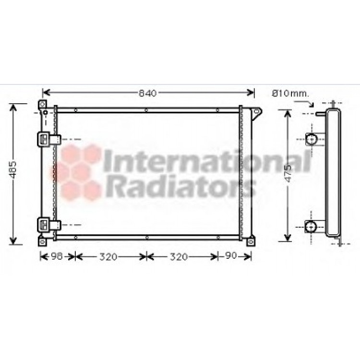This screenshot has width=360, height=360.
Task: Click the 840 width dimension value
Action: pyautogui.click(x=148, y=93)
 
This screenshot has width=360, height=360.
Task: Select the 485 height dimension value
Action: pyautogui.click(x=13, y=170)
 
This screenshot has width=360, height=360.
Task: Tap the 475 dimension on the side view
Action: pyautogui.click(x=288, y=173)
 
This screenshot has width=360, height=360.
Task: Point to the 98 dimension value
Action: pyautogui.click(x=57, y=256)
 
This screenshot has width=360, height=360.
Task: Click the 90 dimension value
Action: pyautogui.click(x=231, y=255)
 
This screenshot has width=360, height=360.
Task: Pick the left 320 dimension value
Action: pyautogui.click(x=108, y=257)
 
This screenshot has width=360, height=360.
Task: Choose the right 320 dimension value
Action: pyautogui.click(x=179, y=257)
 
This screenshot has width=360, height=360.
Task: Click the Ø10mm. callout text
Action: pyautogui.click(x=291, y=94)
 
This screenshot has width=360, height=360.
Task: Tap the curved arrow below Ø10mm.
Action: pyautogui.click(x=305, y=103)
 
